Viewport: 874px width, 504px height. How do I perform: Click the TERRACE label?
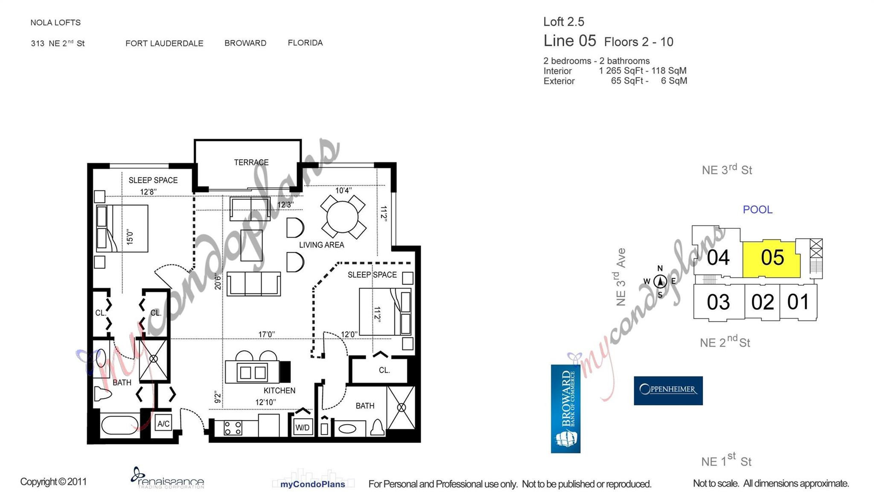pos(251,162)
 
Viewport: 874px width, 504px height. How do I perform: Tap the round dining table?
pos(343,217)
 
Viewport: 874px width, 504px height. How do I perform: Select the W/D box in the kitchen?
pos(303,427)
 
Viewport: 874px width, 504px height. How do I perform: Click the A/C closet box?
pos(163,424)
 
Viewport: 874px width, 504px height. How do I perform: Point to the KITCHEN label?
pos(279,390)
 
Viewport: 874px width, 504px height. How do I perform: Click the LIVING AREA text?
pos(321,245)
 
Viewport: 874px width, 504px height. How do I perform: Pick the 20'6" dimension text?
pos(218,281)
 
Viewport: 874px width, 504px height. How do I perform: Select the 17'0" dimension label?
pos(266,334)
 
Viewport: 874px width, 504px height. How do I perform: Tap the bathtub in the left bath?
pos(119,425)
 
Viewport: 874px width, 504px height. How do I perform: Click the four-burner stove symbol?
pos(233,428)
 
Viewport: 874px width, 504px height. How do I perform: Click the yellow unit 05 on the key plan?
pos(771,259)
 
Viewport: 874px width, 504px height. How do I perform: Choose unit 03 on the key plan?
pos(718,302)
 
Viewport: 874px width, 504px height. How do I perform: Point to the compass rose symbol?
pos(660,281)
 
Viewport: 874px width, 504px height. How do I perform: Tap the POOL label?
pos(757,210)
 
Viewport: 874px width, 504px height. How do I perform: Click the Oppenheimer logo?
pos(668,390)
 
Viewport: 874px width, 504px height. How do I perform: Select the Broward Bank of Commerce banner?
pos(565,409)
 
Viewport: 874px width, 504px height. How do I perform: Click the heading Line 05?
pos(569,41)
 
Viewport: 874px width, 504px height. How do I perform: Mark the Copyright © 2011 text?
pos(53,481)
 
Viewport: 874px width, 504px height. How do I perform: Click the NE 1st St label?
pos(726,461)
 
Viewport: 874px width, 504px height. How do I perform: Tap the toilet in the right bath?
pos(377,427)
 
